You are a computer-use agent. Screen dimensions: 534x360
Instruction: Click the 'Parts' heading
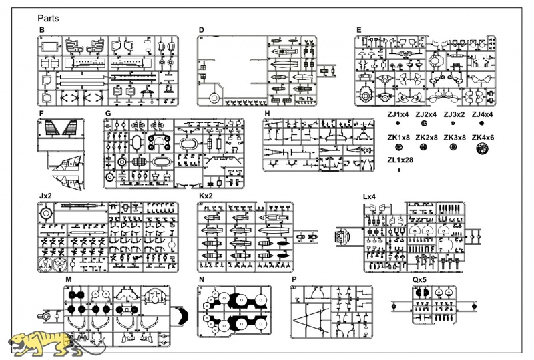[x=48, y=19]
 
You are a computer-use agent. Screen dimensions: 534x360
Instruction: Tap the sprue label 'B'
[x=42, y=30]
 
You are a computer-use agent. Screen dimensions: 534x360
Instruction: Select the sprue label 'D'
[x=202, y=30]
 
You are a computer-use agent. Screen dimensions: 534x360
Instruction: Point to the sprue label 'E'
[x=358, y=30]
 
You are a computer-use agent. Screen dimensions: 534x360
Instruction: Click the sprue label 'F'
[x=41, y=113]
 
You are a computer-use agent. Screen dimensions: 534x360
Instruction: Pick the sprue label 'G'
[x=108, y=113]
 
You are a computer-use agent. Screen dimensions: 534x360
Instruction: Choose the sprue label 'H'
[x=267, y=113]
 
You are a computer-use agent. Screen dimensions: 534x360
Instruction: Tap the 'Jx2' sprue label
[x=45, y=196]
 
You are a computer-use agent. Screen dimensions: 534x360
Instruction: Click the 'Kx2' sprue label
[x=206, y=196]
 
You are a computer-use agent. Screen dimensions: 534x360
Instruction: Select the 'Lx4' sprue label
[x=369, y=197]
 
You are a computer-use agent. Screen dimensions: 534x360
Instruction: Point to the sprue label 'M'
[x=69, y=280]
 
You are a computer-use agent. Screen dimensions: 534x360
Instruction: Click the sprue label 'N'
[x=202, y=280]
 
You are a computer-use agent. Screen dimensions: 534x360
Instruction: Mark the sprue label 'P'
[x=294, y=280]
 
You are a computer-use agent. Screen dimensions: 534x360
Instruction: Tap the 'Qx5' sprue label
[x=419, y=280]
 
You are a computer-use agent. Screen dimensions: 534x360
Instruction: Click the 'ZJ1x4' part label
[x=398, y=114]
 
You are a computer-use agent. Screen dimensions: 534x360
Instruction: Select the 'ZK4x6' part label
[x=483, y=138]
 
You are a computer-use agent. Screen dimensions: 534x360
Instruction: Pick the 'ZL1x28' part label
[x=400, y=160]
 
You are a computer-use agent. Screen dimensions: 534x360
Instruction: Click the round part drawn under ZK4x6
[x=482, y=148]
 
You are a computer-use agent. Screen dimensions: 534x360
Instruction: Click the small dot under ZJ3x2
[x=453, y=124]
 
